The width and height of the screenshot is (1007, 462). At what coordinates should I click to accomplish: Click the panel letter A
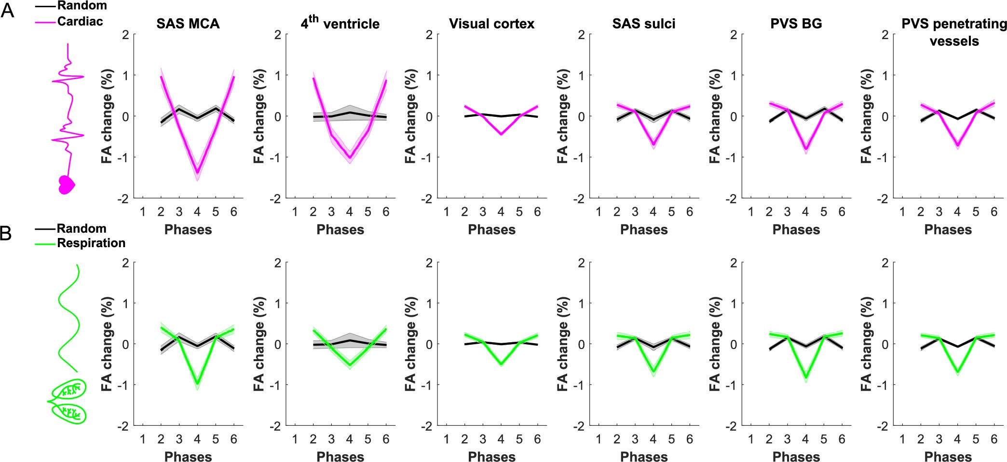click(x=7, y=11)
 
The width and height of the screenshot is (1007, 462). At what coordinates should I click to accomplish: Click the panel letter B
click(x=6, y=234)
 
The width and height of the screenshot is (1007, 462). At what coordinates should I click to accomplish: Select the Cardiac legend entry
click(x=80, y=21)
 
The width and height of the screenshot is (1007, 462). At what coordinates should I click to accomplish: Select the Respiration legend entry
click(x=91, y=243)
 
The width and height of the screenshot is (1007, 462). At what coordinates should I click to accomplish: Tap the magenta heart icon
click(x=66, y=184)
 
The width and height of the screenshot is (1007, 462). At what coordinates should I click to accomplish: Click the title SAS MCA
click(x=188, y=24)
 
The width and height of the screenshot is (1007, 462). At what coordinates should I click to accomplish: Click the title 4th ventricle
click(x=340, y=23)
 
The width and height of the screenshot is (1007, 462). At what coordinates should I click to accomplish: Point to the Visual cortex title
click(x=491, y=24)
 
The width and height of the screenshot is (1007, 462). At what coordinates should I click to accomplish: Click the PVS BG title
click(x=796, y=24)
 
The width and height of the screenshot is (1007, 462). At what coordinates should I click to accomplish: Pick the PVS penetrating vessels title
click(x=954, y=32)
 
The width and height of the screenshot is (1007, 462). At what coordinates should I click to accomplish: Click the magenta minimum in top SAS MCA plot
click(x=197, y=172)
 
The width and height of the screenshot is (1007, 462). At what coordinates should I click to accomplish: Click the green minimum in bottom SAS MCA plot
click(x=197, y=384)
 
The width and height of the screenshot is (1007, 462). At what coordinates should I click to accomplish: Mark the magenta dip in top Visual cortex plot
click(x=501, y=134)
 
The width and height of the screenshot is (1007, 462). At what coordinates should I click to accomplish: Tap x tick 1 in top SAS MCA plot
click(x=143, y=211)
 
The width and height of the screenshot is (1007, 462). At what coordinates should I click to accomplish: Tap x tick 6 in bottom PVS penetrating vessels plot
click(x=993, y=439)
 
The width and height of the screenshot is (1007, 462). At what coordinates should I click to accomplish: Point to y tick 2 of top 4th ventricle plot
click(x=277, y=35)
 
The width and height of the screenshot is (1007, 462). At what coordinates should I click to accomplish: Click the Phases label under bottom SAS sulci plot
click(x=644, y=457)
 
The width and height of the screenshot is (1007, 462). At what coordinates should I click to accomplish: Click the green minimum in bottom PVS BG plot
click(x=805, y=377)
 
